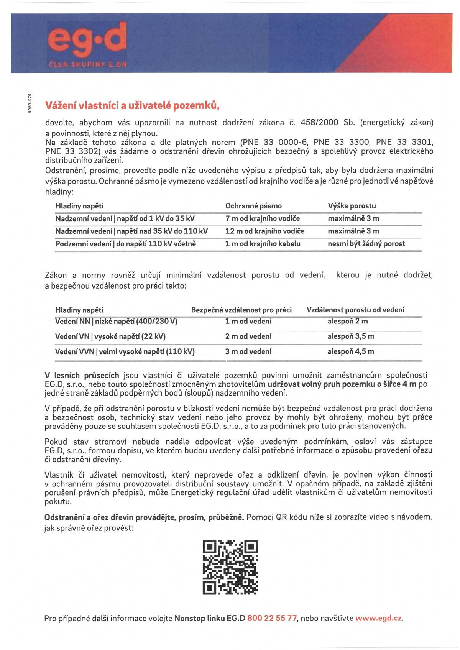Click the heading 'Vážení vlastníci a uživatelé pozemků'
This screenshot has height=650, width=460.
click(132, 105)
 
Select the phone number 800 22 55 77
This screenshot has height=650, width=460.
click(272, 618)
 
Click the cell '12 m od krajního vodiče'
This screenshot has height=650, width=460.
click(264, 231)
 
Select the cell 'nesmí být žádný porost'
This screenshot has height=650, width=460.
click(366, 244)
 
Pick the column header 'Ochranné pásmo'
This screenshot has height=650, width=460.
click(253, 206)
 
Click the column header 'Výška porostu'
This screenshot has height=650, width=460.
click(352, 206)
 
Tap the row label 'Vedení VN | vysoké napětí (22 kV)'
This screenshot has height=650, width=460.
click(110, 336)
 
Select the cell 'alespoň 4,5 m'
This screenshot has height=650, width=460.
click(351, 351)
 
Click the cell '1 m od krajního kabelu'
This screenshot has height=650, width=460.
click(263, 244)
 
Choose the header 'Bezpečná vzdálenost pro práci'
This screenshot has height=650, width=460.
click(241, 310)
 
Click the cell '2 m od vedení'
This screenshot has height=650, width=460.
click(248, 336)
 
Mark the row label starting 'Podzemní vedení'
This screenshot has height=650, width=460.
click(125, 244)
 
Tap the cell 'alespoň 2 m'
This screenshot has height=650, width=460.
click(347, 321)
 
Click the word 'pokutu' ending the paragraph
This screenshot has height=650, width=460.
click(58, 501)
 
